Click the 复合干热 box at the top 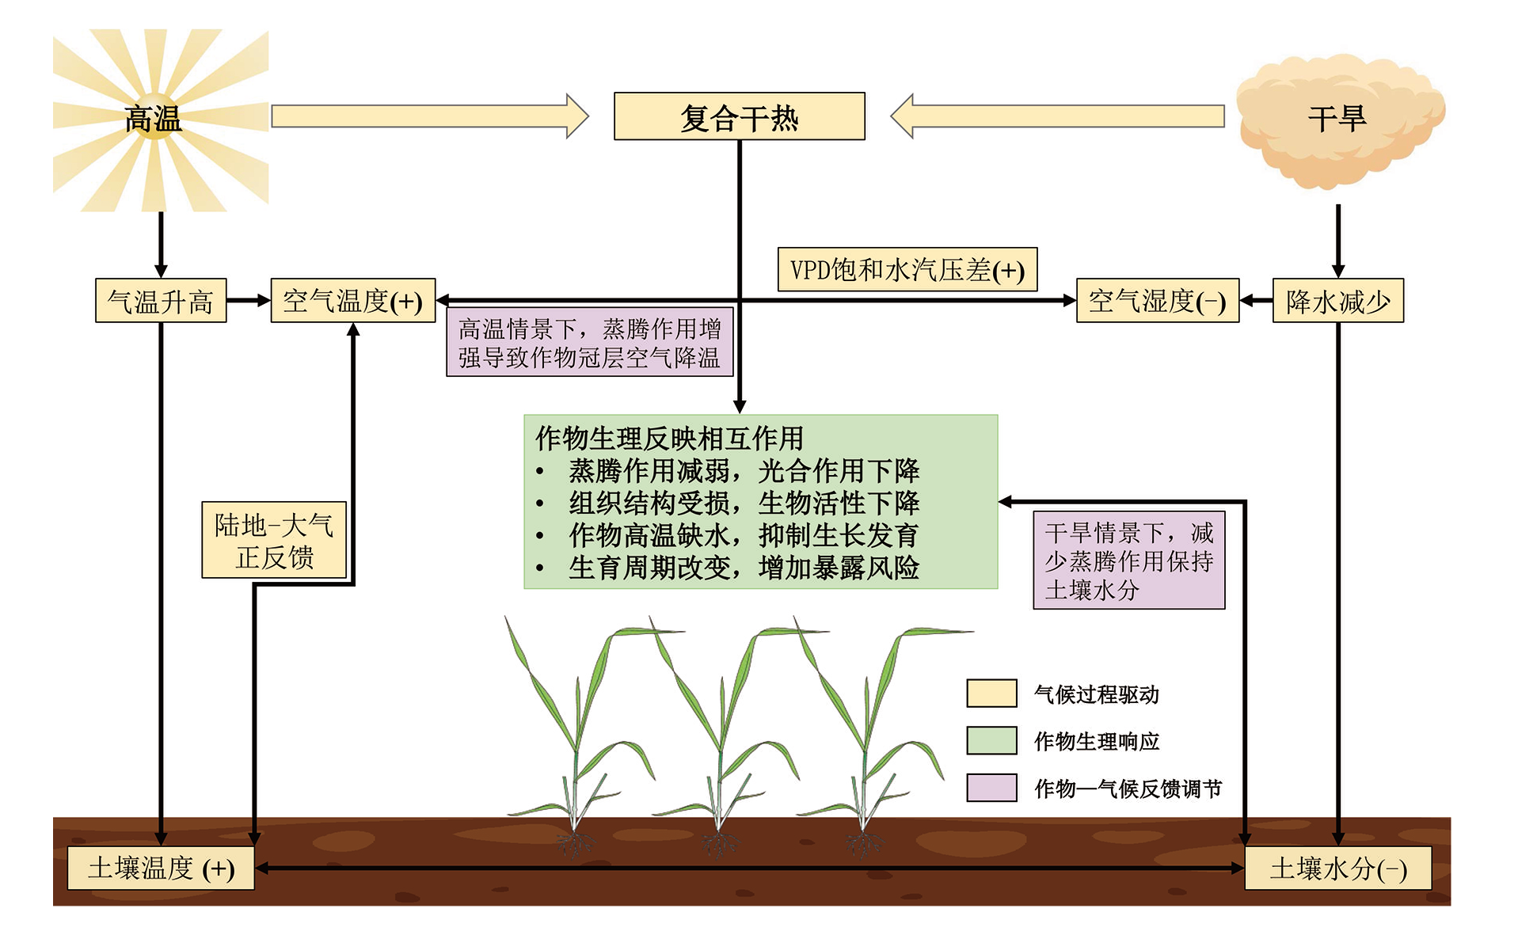pos(739,116)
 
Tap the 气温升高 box pos(161,301)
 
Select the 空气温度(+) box pos(352,301)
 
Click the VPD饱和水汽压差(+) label pos(907,270)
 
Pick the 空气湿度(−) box pos(1157,301)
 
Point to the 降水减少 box pos(1337,301)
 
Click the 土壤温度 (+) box pos(161,868)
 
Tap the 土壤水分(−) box pos(1337,868)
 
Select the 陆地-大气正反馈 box pos(274,540)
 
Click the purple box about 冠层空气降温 pos(589,343)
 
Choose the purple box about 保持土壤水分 pos(1128,560)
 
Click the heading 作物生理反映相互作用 pos(669,438)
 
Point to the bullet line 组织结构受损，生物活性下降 pos(744,503)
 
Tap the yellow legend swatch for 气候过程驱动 pos(991,693)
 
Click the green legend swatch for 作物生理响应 pos(991,740)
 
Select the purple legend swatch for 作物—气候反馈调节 pos(991,788)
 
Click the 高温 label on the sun pos(154,120)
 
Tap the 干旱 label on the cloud pos(1337,120)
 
